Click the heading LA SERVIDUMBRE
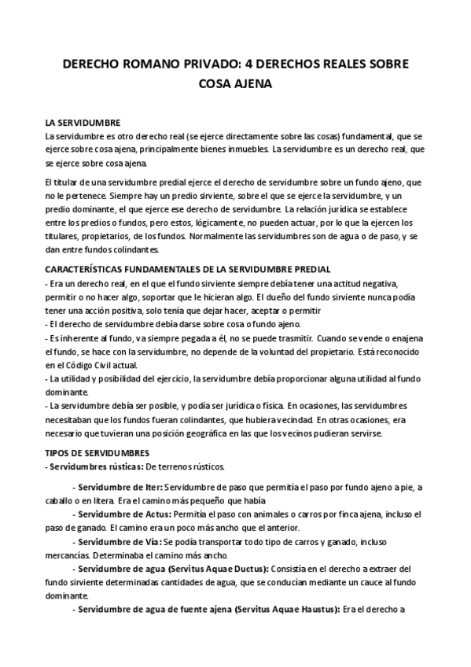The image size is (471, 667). tap(83, 123)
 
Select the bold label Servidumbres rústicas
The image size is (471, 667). tap(86, 466)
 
